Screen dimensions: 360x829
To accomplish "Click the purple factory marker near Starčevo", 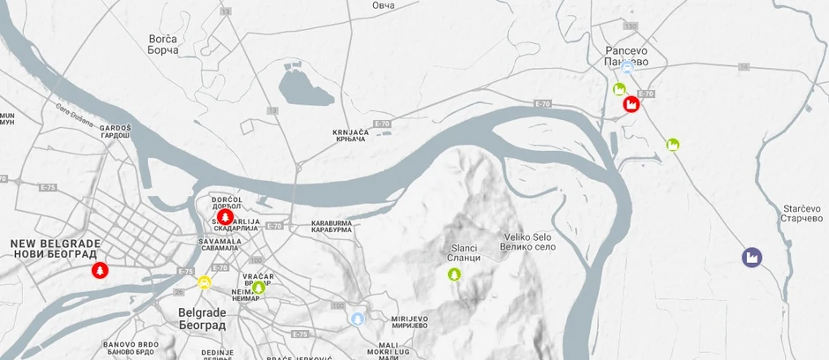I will pos(752,258).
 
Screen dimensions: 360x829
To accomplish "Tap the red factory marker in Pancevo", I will pos(631,104).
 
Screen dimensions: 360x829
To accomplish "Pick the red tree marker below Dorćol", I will pos(225,217).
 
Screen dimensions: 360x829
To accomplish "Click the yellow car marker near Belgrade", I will pos(205,282).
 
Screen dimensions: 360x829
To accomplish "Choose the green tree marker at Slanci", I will pos(454,274).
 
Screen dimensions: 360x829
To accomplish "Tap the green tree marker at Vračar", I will pos(258,287).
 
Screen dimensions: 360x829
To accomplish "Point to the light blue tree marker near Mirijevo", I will pos(357,319).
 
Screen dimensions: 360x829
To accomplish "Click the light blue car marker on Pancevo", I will pos(627,66).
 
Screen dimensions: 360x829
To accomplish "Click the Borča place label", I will pos(163,44).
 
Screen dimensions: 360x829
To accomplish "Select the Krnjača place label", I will pos(349,136).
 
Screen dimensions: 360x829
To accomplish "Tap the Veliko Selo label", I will pos(529,241).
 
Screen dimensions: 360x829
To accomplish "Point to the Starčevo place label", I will pos(802,213).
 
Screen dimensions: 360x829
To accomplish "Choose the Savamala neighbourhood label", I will pos(220,244).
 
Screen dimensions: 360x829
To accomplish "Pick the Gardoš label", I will pos(116,131).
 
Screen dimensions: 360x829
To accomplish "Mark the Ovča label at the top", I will pos(383,5).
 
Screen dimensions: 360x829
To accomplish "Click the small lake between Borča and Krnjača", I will pos(306,88).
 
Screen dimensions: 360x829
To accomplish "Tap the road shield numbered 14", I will pos(743,67).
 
